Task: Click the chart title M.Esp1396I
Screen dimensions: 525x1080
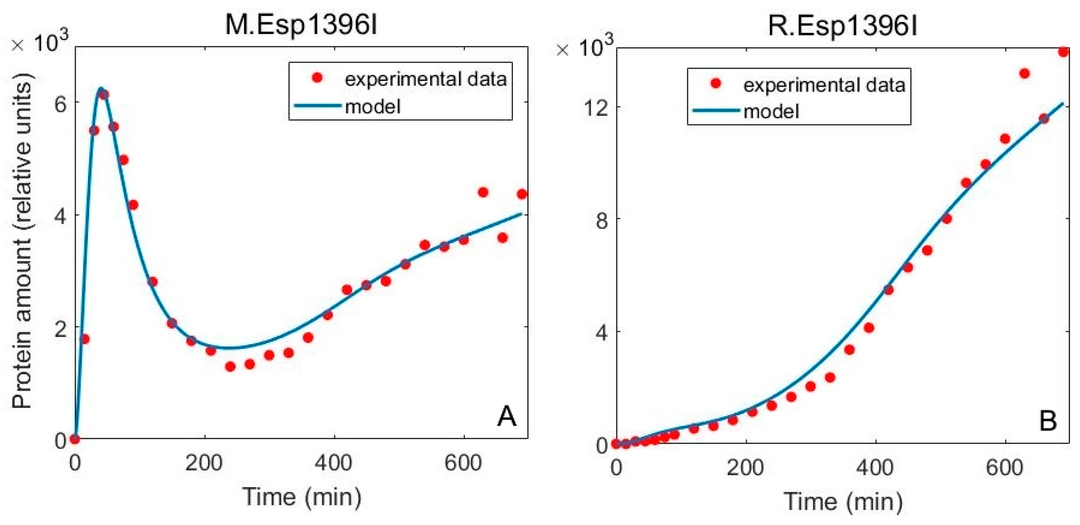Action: [301, 25]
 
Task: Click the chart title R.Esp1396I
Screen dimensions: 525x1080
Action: [842, 26]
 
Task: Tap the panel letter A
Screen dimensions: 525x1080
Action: [506, 416]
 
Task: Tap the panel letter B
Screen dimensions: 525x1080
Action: [1048, 421]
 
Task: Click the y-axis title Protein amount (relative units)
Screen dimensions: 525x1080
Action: [22, 241]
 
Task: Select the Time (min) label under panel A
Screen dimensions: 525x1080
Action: [302, 496]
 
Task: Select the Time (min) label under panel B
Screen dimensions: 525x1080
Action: [843, 502]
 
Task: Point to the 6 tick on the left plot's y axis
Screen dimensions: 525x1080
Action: [60, 104]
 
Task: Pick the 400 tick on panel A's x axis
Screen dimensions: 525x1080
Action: [333, 463]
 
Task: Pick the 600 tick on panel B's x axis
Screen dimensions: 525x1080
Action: [1004, 467]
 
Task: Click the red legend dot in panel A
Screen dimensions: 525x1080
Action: [317, 78]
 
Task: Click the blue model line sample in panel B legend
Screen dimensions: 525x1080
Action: [716, 110]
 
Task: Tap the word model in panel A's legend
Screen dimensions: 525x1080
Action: [373, 107]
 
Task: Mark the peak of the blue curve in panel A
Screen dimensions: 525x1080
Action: [101, 88]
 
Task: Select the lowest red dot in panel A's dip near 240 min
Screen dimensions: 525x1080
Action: [230, 367]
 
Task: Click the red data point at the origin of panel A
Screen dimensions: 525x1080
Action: [75, 439]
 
